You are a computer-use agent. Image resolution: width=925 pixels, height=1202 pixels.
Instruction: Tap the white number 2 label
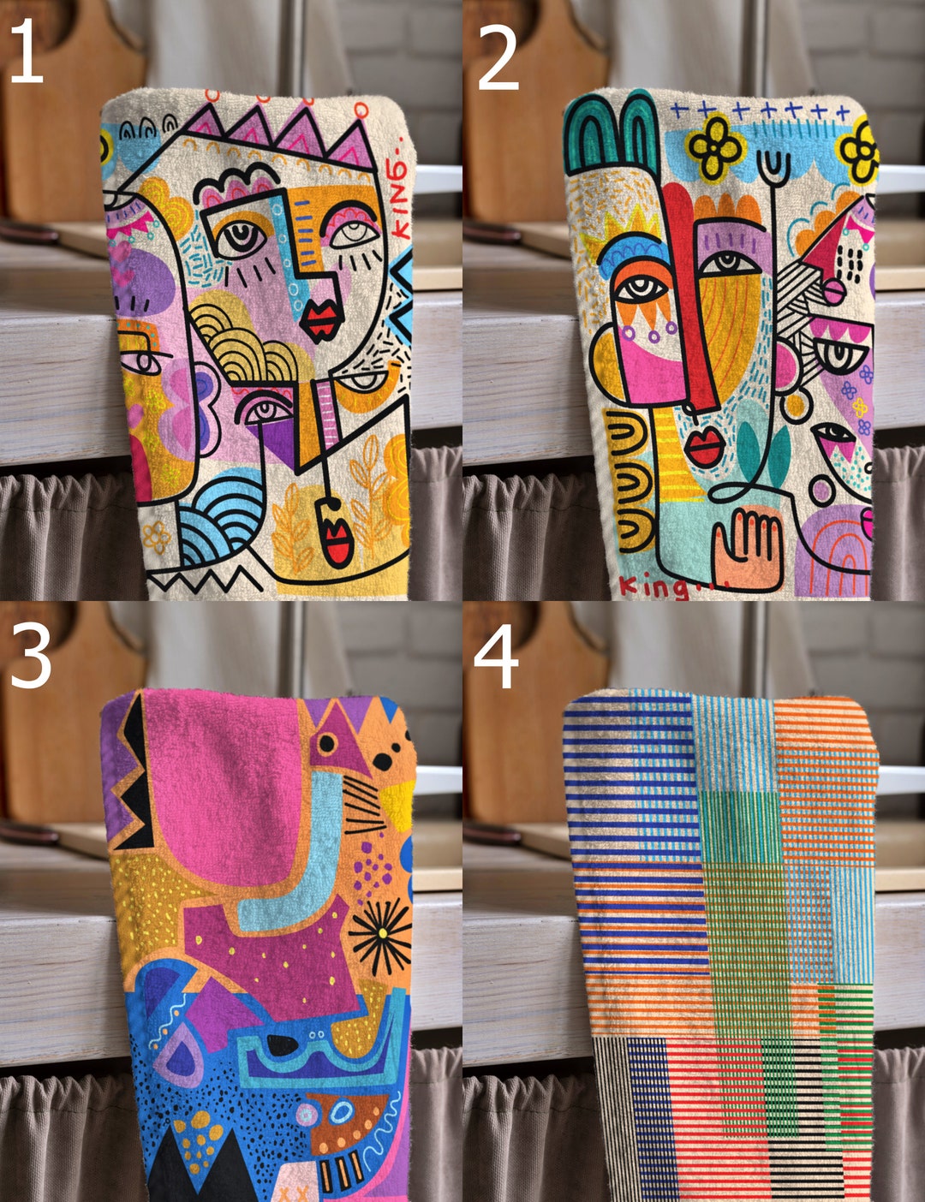click(x=498, y=57)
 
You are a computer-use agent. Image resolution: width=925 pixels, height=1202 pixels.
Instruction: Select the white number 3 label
click(x=30, y=655)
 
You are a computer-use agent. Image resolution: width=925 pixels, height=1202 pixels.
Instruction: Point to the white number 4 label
click(x=496, y=657)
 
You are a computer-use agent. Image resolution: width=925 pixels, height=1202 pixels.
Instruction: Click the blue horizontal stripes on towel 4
click(x=634, y=822)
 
